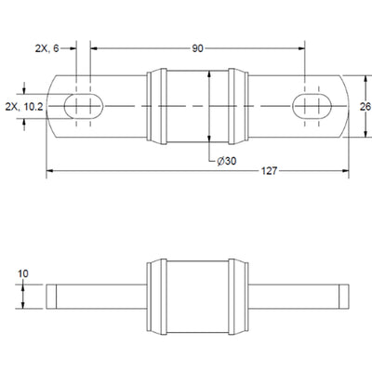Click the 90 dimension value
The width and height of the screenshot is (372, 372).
coord(197,48)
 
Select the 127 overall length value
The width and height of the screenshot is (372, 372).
coord(269,171)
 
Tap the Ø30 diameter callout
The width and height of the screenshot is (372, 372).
coord(227,161)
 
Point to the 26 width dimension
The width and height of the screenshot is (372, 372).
coord(365,107)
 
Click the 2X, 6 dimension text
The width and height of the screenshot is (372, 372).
coord(46,48)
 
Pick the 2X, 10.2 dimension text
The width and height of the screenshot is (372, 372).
coord(24,107)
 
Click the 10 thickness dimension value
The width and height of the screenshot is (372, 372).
coord(23,273)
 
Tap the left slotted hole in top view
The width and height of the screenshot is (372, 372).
coord(84,106)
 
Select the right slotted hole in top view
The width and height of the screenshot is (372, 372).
coord(312,106)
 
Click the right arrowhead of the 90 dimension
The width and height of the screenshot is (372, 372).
coord(301,48)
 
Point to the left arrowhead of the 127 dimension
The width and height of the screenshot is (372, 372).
coord(50,170)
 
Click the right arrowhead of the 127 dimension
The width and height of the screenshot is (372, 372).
coord(345,170)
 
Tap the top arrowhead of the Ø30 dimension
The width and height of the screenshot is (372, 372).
coord(209,74)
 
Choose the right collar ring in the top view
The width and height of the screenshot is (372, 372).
coord(238,106)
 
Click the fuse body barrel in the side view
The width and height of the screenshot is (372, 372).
coord(198,297)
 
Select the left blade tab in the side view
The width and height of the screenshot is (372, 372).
coord(97,297)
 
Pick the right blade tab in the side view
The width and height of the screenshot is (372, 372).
coord(299,297)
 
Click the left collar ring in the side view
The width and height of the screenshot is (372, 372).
coord(157,297)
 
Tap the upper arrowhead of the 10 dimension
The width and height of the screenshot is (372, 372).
coord(23,288)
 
